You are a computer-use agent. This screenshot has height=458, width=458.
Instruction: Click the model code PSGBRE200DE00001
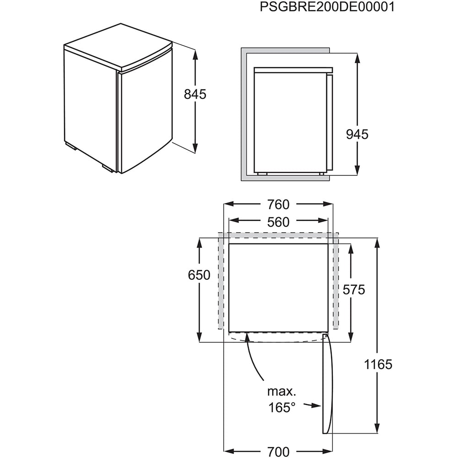(327, 8)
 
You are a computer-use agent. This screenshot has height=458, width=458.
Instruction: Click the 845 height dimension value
(195, 94)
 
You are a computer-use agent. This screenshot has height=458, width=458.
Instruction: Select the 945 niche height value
(357, 134)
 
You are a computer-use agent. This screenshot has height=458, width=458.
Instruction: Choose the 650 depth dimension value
(199, 275)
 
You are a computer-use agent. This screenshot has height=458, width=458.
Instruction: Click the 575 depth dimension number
(353, 289)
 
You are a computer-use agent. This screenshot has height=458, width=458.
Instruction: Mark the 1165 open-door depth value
(379, 365)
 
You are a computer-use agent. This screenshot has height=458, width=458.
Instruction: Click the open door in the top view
(326, 385)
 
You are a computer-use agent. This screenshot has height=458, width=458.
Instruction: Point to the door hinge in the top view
(325, 337)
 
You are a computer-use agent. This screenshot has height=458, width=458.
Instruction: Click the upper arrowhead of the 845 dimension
(196, 54)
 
